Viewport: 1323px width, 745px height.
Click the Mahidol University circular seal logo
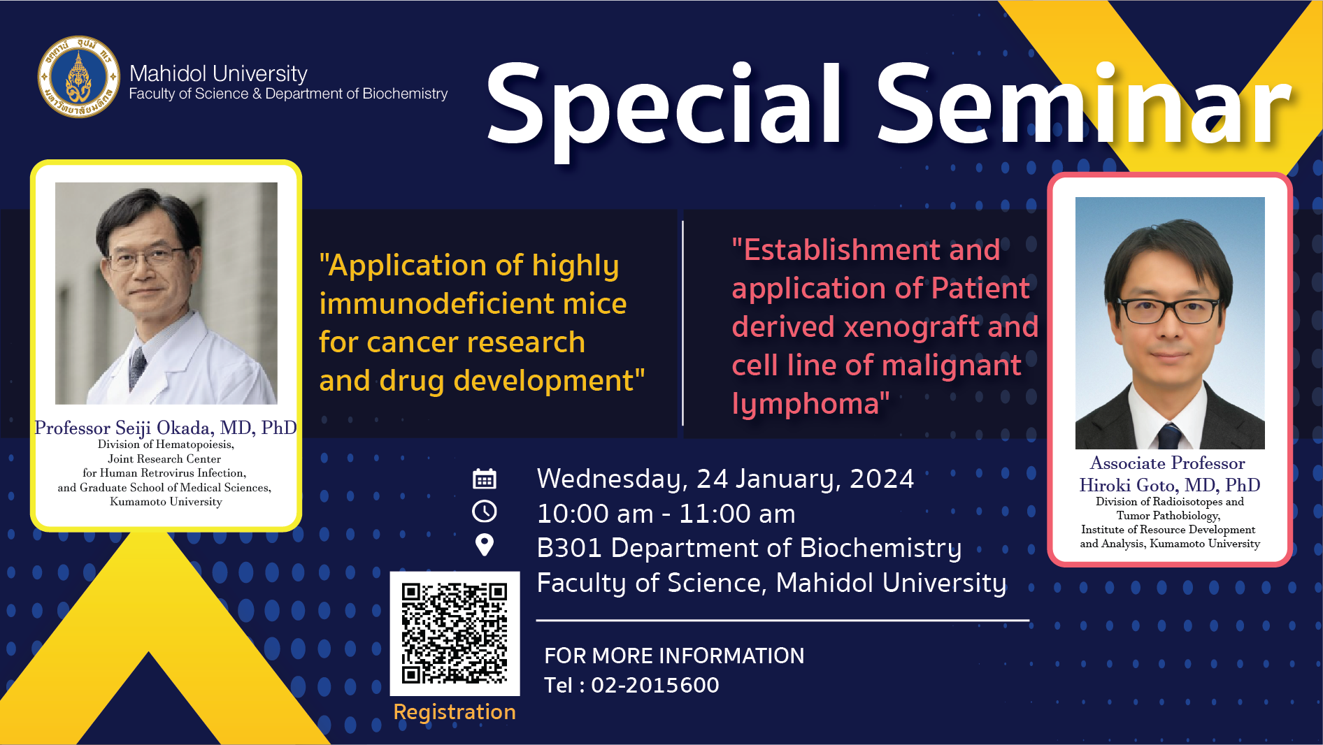click(78, 77)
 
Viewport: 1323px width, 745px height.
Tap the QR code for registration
click(455, 633)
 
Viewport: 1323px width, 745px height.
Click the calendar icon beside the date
click(485, 479)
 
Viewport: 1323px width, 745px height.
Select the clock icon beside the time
click(485, 512)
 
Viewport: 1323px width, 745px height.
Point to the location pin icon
click(485, 545)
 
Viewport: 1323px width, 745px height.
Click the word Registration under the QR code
click(455, 712)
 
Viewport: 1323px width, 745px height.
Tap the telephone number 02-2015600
click(655, 685)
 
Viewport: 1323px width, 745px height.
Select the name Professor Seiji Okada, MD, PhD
click(166, 428)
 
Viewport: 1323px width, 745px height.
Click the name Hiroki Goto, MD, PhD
click(1170, 485)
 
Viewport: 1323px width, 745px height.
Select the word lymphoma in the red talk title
click(806, 404)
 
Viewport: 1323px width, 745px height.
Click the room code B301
click(569, 549)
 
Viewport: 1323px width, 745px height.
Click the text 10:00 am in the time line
click(595, 514)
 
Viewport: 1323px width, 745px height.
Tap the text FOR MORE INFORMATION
click(674, 656)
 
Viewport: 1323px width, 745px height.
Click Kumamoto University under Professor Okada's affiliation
click(166, 502)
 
